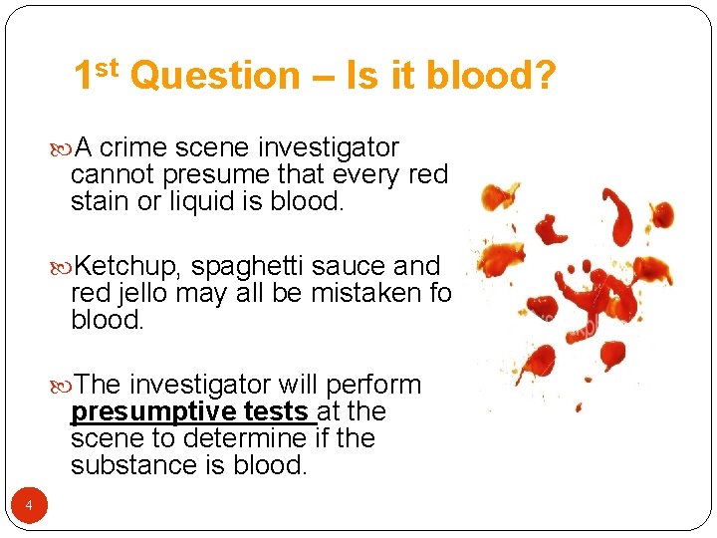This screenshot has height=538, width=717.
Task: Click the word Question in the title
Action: pos(214,77)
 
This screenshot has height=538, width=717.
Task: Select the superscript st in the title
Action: pos(109,67)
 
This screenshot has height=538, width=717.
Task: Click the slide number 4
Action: pos(29,507)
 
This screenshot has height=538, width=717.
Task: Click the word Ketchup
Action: pos(129,267)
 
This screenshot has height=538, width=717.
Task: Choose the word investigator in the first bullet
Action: pos(328,148)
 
